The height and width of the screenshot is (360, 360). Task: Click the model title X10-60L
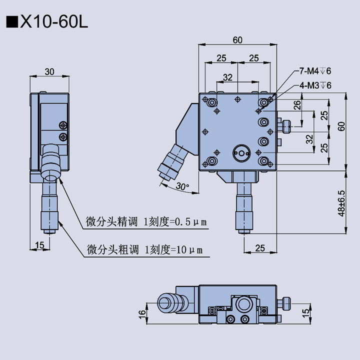[x=53, y=22]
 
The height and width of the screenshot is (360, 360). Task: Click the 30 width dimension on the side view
[x=49, y=72]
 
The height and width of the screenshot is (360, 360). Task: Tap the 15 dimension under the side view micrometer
[x=40, y=244]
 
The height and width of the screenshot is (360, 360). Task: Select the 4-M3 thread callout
[x=316, y=84]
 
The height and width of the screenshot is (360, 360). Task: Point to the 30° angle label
[x=182, y=187]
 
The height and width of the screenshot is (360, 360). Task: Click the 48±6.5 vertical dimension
[x=341, y=203]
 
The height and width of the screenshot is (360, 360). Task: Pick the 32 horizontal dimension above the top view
[x=227, y=77]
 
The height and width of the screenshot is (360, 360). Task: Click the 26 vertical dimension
[x=297, y=105]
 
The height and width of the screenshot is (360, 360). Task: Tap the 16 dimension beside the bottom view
[x=141, y=313]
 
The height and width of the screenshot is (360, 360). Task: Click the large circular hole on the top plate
[x=241, y=152]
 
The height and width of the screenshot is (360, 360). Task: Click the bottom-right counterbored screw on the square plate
[x=264, y=161]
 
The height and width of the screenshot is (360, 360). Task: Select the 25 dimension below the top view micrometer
[x=259, y=248]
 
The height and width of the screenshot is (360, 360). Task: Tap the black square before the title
[x=11, y=23]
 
